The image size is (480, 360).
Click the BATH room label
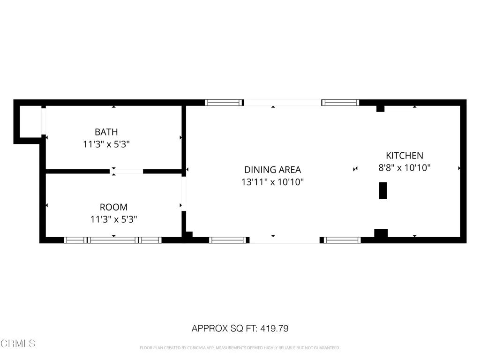point(106,132)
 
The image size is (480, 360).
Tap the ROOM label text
point(113,207)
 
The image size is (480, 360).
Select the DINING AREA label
point(272,170)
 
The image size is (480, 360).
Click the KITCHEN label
point(404,156)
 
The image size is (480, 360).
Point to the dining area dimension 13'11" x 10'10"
point(272,182)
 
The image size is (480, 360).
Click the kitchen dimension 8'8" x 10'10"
point(404,167)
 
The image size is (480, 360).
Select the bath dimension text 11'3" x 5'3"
point(106,144)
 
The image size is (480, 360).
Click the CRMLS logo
point(18,344)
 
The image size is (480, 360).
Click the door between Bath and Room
point(127,172)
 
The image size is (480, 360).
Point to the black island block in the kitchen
point(383,191)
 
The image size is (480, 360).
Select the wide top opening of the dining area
point(282,102)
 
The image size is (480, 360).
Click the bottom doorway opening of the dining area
point(285,240)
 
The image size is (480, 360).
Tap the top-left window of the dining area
point(224,103)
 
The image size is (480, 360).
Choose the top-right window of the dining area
point(340,103)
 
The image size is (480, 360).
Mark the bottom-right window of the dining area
point(342,240)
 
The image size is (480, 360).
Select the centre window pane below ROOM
point(112,240)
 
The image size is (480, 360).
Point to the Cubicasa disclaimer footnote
point(240,348)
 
